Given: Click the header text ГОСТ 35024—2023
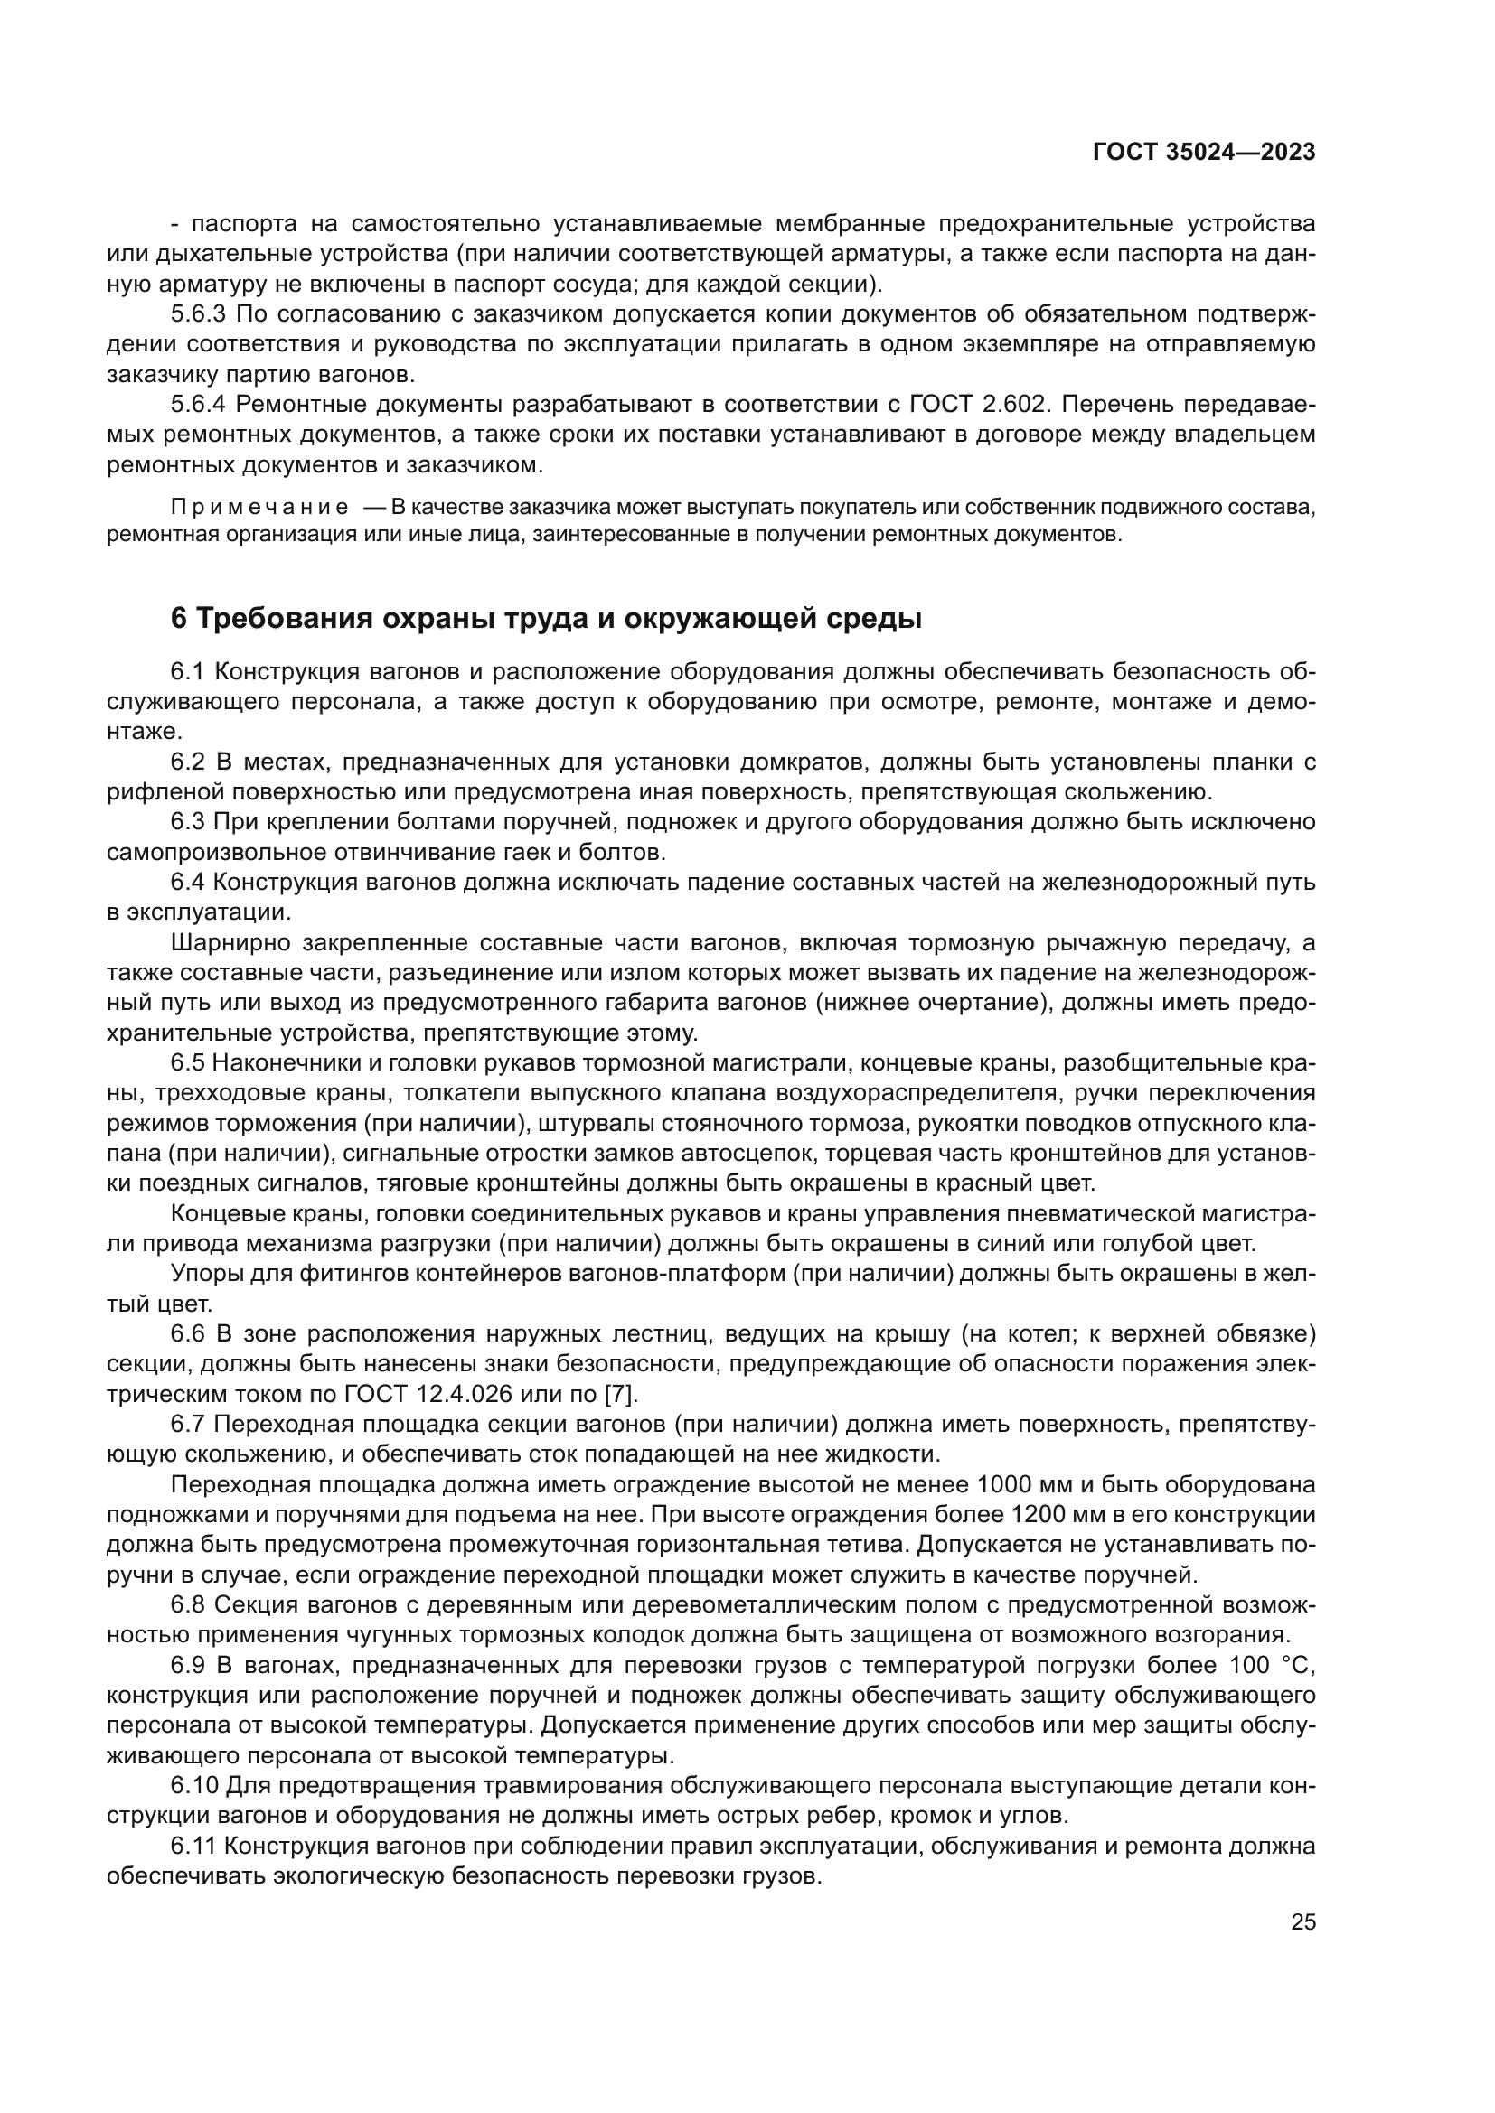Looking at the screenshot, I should tap(1203, 153).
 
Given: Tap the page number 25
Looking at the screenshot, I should tap(1302, 1922).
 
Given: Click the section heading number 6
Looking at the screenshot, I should tap(179, 619).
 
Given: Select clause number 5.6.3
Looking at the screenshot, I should tap(198, 314).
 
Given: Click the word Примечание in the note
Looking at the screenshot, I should tap(259, 507).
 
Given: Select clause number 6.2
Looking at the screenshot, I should tap(191, 762).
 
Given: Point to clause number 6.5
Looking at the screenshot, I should tap(190, 1063).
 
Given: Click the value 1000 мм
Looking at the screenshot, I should tap(1020, 1485).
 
